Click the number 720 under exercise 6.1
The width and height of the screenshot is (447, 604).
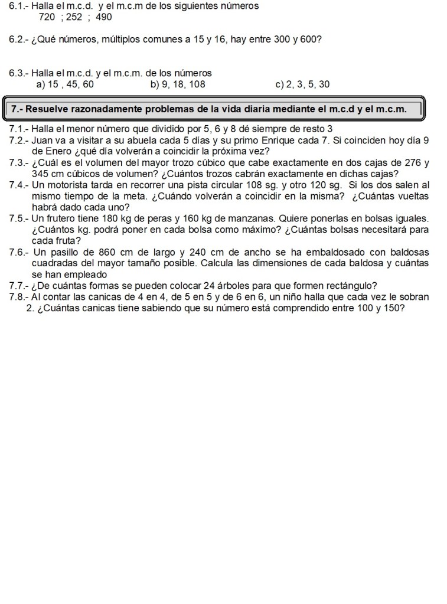click(47, 17)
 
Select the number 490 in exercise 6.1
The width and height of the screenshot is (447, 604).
click(103, 17)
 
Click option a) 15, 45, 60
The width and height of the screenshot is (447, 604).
click(65, 84)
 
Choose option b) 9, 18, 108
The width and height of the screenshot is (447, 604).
click(178, 84)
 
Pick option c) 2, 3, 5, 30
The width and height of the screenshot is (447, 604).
click(302, 84)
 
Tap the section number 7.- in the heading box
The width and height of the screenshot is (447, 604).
click(18, 109)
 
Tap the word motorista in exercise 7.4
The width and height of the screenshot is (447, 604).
click(67, 185)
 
